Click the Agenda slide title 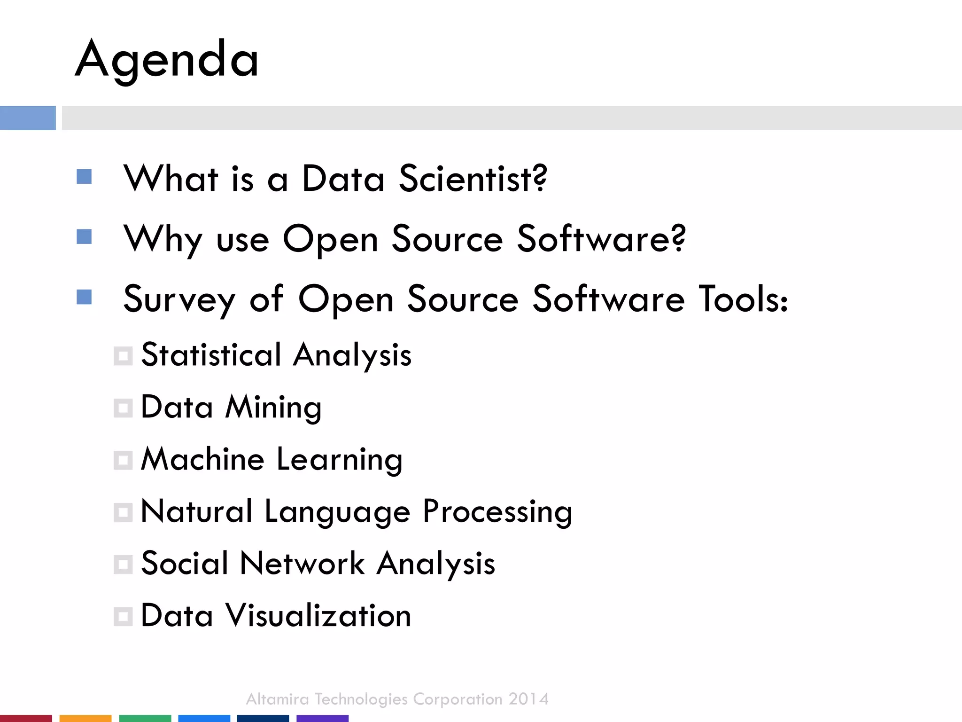[167, 60]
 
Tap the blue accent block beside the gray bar [28, 118]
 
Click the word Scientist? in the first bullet [473, 179]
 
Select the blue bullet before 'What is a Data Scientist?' [84, 177]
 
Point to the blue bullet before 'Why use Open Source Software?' [84, 237]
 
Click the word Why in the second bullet [163, 240]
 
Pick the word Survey [179, 299]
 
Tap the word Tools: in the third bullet [743, 299]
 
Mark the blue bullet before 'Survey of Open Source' [84, 297]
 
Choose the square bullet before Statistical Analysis [123, 356]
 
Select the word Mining [273, 408]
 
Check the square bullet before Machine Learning [123, 461]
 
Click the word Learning [339, 460]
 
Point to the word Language [337, 512]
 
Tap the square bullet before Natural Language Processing [123, 513]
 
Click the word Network [302, 563]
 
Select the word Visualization [318, 615]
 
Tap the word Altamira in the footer [277, 699]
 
